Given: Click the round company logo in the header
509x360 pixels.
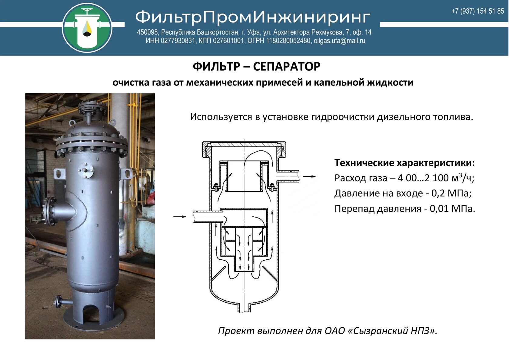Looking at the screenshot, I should (x=87, y=28).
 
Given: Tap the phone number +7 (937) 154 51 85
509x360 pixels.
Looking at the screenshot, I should (x=477, y=11).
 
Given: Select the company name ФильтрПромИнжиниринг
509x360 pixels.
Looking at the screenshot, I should (x=253, y=18).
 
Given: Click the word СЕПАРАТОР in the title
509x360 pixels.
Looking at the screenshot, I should (x=287, y=66).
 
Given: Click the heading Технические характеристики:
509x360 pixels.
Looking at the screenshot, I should (x=404, y=163).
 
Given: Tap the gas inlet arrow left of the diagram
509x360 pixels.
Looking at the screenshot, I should (x=179, y=216).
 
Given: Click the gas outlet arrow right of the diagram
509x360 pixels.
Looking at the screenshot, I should (x=309, y=176).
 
